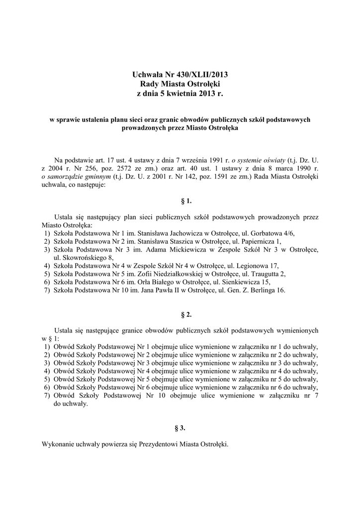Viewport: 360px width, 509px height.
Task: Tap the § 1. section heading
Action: click(180, 201)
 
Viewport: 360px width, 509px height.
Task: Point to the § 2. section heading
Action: click(180, 315)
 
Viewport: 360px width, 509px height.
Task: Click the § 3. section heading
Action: click(180, 427)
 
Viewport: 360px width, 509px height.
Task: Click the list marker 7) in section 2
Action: click(47, 396)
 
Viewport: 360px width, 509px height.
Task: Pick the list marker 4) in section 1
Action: click(47, 265)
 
